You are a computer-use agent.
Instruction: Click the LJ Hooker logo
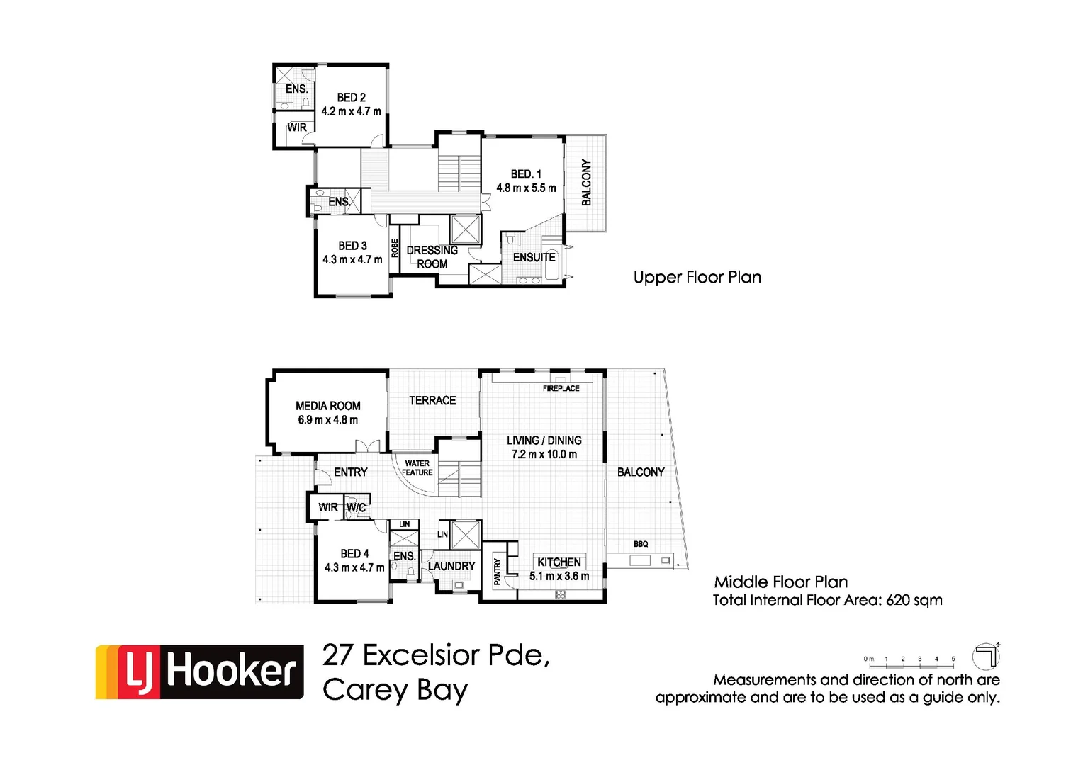(200, 671)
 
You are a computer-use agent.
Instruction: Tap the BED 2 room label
(352, 98)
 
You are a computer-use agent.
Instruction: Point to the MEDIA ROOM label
(328, 406)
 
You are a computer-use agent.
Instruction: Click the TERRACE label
(432, 401)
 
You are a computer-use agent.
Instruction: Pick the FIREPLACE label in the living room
(561, 389)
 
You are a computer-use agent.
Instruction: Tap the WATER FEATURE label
(417, 468)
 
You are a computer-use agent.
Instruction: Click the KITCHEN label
(559, 562)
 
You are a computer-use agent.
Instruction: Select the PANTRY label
(498, 572)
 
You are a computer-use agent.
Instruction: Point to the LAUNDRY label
(451, 566)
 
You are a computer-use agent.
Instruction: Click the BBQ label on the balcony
(641, 544)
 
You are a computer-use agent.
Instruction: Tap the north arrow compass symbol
(985, 656)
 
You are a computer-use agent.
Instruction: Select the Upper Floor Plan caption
(697, 278)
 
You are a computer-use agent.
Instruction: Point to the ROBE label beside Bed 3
(395, 248)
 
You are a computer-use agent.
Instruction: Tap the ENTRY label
(351, 472)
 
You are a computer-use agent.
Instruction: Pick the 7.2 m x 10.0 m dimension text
(544, 455)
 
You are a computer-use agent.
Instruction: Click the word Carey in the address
(366, 690)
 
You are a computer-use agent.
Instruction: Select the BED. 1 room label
(526, 174)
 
